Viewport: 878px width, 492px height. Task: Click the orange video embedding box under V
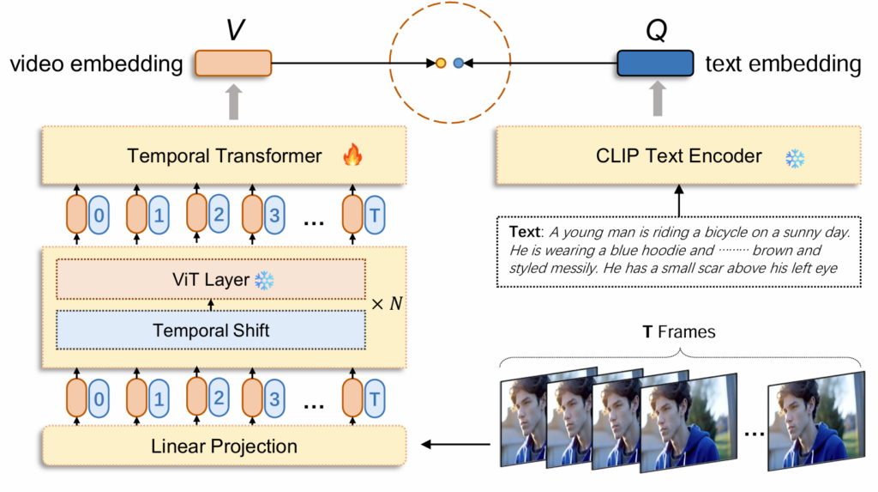[232, 63]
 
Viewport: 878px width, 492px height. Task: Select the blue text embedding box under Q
[655, 63]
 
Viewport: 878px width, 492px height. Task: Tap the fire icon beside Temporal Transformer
[352, 155]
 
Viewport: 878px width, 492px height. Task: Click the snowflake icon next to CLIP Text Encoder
[795, 158]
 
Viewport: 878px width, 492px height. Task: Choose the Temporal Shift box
[211, 330]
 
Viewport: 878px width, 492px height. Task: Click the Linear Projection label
[224, 446]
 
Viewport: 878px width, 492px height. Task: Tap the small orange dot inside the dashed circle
[441, 63]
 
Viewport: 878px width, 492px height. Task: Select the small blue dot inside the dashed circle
[458, 63]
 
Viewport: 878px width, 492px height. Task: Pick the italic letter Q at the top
[655, 28]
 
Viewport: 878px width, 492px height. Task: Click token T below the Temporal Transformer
[374, 216]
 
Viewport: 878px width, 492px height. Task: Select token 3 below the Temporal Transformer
[274, 216]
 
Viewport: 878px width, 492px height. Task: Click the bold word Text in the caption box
[523, 232]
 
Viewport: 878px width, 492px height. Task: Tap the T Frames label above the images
[680, 331]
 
